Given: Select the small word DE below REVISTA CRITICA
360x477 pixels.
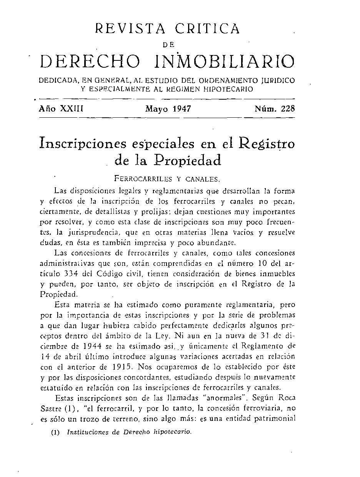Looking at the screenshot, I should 168,45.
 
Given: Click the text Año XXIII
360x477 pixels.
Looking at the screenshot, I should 61,109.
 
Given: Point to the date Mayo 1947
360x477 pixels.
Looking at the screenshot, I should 168,109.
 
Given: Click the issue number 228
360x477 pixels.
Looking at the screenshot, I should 288,109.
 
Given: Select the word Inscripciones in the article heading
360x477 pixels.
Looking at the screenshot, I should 83,143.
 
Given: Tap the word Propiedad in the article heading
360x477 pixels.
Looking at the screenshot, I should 188,160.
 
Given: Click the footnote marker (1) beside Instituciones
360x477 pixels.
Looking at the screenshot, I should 55,432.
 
